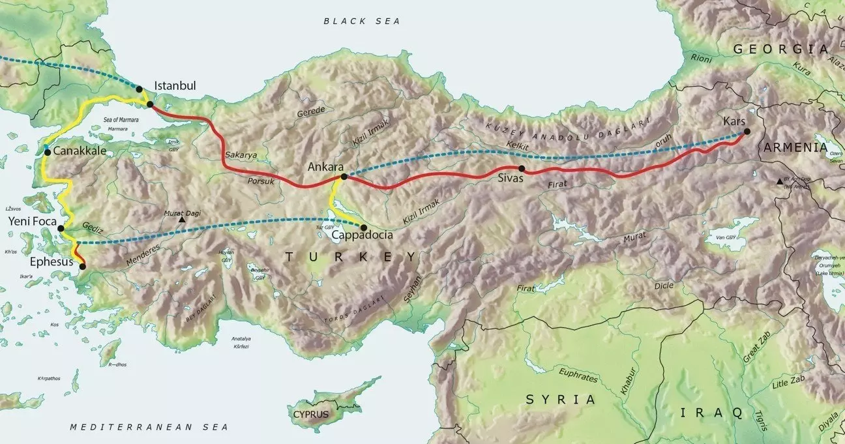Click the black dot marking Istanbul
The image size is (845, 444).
[x=140, y=89]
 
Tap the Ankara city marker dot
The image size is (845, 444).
[x=344, y=177]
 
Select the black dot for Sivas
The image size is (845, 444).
[x=522, y=168]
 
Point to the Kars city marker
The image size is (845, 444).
[x=747, y=132]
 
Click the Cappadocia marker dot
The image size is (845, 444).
[x=364, y=227]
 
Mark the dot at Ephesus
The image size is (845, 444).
[x=82, y=266]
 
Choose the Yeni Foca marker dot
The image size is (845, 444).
[x=61, y=229]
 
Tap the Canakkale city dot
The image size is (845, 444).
[x=47, y=152]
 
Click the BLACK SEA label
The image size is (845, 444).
[x=362, y=22]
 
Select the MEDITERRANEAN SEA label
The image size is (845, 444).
[x=150, y=427]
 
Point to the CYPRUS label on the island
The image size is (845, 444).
[x=310, y=414]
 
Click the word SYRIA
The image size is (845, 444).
[x=561, y=400]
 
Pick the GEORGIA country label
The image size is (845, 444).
[x=780, y=49]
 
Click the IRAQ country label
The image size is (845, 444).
[x=711, y=412]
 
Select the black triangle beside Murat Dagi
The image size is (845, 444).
[x=182, y=220]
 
